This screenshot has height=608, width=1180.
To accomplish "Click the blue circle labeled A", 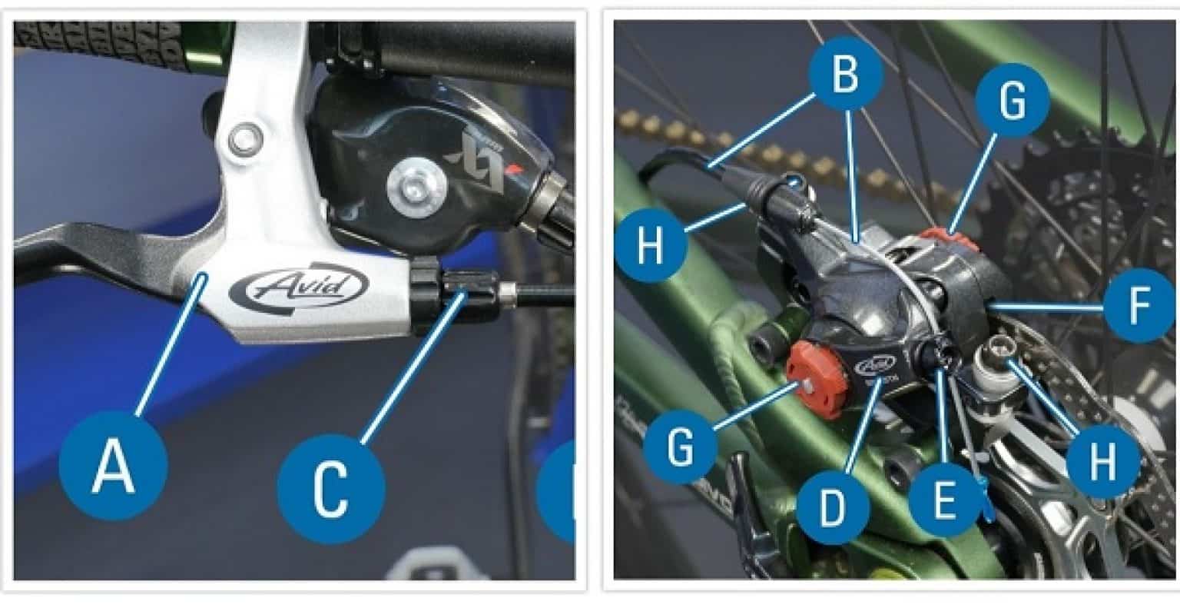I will click(113, 467).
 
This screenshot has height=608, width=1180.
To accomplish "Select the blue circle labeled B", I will click(845, 75).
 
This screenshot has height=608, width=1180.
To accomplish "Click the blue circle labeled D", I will click(832, 508).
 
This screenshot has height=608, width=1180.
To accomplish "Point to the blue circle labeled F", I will click(1140, 306).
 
